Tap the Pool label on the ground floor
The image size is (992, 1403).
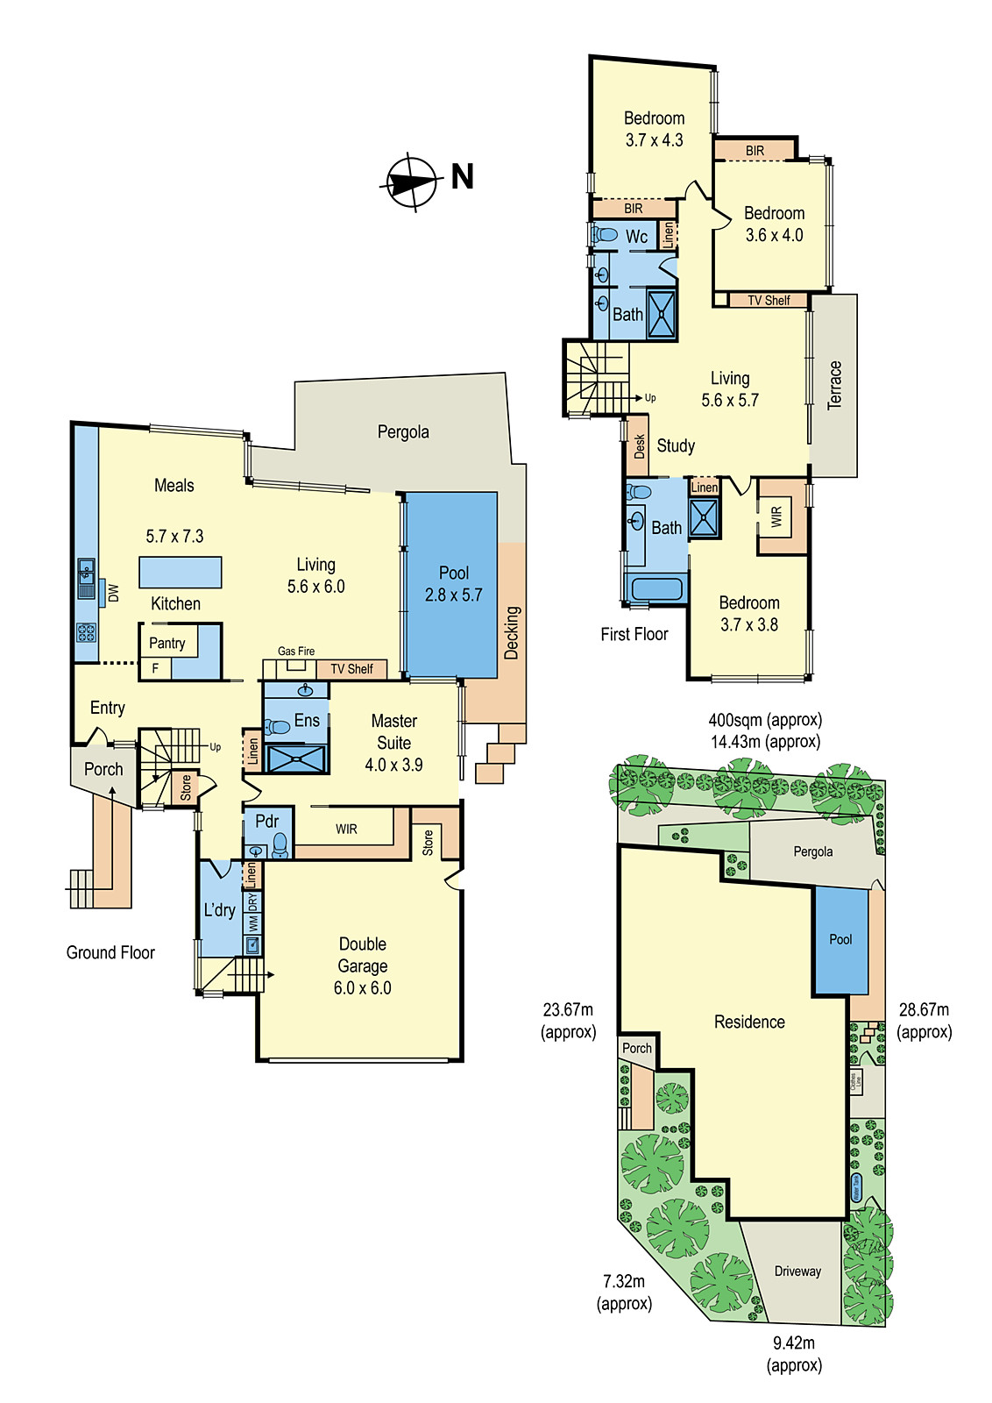pos(454,573)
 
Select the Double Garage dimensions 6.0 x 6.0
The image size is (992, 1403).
pos(362,988)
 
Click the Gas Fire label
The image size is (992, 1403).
pos(296,651)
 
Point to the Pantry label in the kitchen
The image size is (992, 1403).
pos(167,643)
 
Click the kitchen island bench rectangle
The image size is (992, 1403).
pos(180,572)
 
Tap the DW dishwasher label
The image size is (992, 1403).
pos(113,593)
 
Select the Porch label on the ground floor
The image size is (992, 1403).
pos(103,769)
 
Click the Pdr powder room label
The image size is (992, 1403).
pos(266,822)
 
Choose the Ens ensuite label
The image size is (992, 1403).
pos(307,721)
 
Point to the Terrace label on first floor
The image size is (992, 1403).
pos(834,385)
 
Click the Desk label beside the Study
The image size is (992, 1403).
pos(639,446)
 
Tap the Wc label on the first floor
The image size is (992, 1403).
pos(637,237)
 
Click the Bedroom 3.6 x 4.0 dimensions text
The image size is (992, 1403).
pos(774,235)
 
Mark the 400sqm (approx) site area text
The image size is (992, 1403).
pos(765,720)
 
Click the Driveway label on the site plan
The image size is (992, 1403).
pos(797,1271)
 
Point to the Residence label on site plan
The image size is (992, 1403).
pos(749,1022)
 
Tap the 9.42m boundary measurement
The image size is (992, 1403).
pos(794,1342)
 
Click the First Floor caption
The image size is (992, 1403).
pos(634,634)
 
